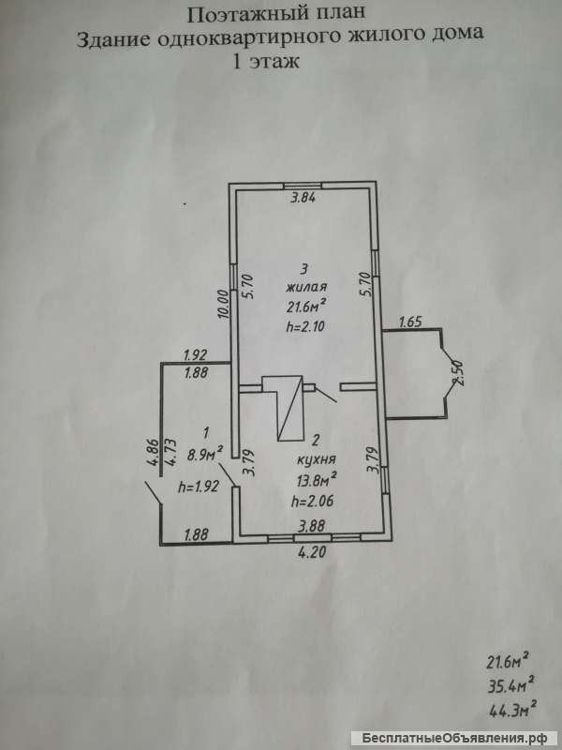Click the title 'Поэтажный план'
point(283,14)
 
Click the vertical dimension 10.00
point(223,306)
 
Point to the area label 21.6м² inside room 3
point(306,306)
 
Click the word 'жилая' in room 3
point(307,288)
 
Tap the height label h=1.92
point(198,487)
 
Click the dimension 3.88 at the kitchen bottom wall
point(313,527)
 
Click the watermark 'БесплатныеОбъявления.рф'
point(475,737)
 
